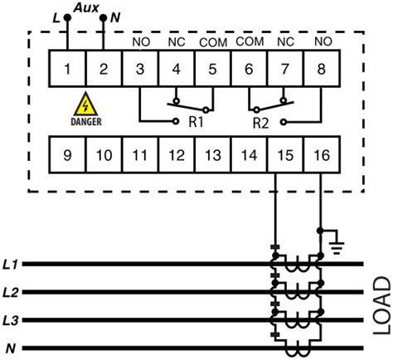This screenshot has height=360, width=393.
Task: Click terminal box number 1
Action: [66, 71]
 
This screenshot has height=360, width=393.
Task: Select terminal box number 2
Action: [103, 71]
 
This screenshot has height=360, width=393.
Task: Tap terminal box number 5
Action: [211, 71]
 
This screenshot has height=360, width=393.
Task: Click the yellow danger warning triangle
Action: [84, 105]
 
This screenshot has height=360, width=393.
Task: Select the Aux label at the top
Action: [85, 7]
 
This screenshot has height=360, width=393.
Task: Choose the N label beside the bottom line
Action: [11, 348]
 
